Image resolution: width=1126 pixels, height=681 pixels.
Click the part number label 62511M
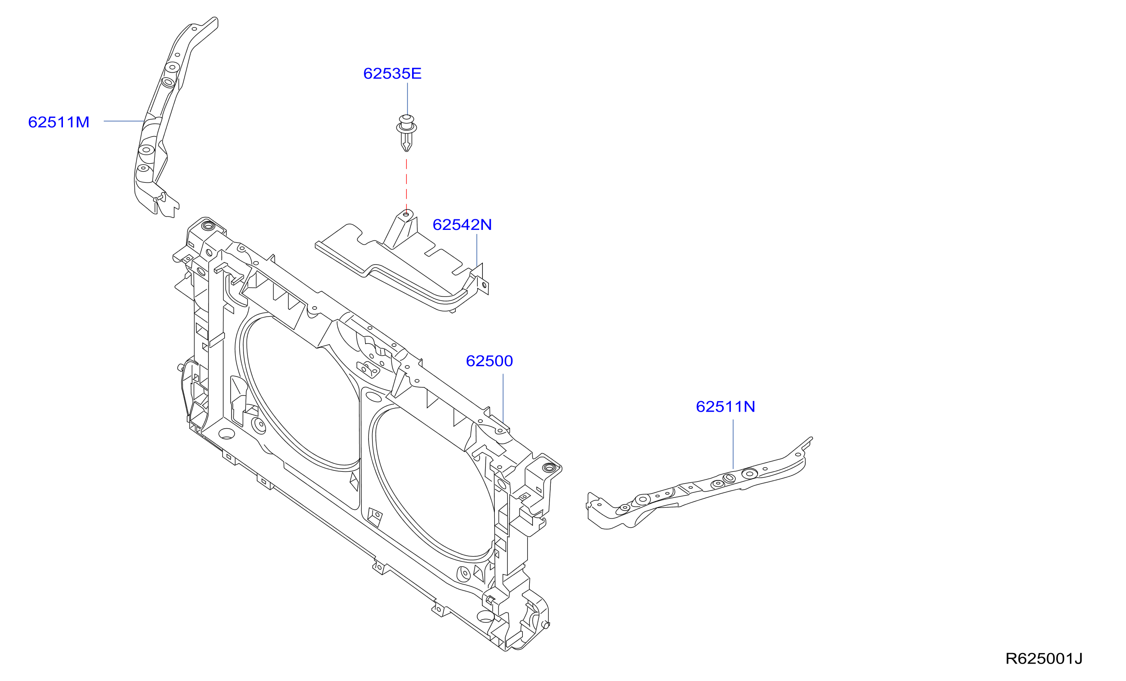tap(59, 122)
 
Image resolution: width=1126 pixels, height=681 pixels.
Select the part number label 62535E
tap(392, 73)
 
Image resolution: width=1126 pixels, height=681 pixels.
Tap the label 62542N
tap(462, 224)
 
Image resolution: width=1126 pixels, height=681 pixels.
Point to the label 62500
tap(489, 361)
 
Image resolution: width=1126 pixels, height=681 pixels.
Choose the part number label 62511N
tap(725, 406)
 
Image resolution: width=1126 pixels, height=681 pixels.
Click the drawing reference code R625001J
tap(1044, 659)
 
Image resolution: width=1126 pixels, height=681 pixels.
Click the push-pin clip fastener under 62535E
tap(407, 133)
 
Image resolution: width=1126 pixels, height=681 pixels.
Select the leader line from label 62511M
tap(124, 121)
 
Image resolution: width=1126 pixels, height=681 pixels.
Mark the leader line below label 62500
tap(503, 398)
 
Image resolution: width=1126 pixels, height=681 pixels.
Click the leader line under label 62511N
tap(733, 444)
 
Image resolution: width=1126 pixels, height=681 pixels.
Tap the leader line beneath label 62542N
tap(477, 251)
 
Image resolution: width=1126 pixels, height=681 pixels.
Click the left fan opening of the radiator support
tap(299, 390)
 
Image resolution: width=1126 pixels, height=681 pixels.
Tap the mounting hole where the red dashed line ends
tap(406, 214)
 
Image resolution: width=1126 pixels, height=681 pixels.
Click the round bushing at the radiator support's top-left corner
tap(208, 225)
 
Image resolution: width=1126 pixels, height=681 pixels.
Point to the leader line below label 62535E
tap(407, 99)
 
